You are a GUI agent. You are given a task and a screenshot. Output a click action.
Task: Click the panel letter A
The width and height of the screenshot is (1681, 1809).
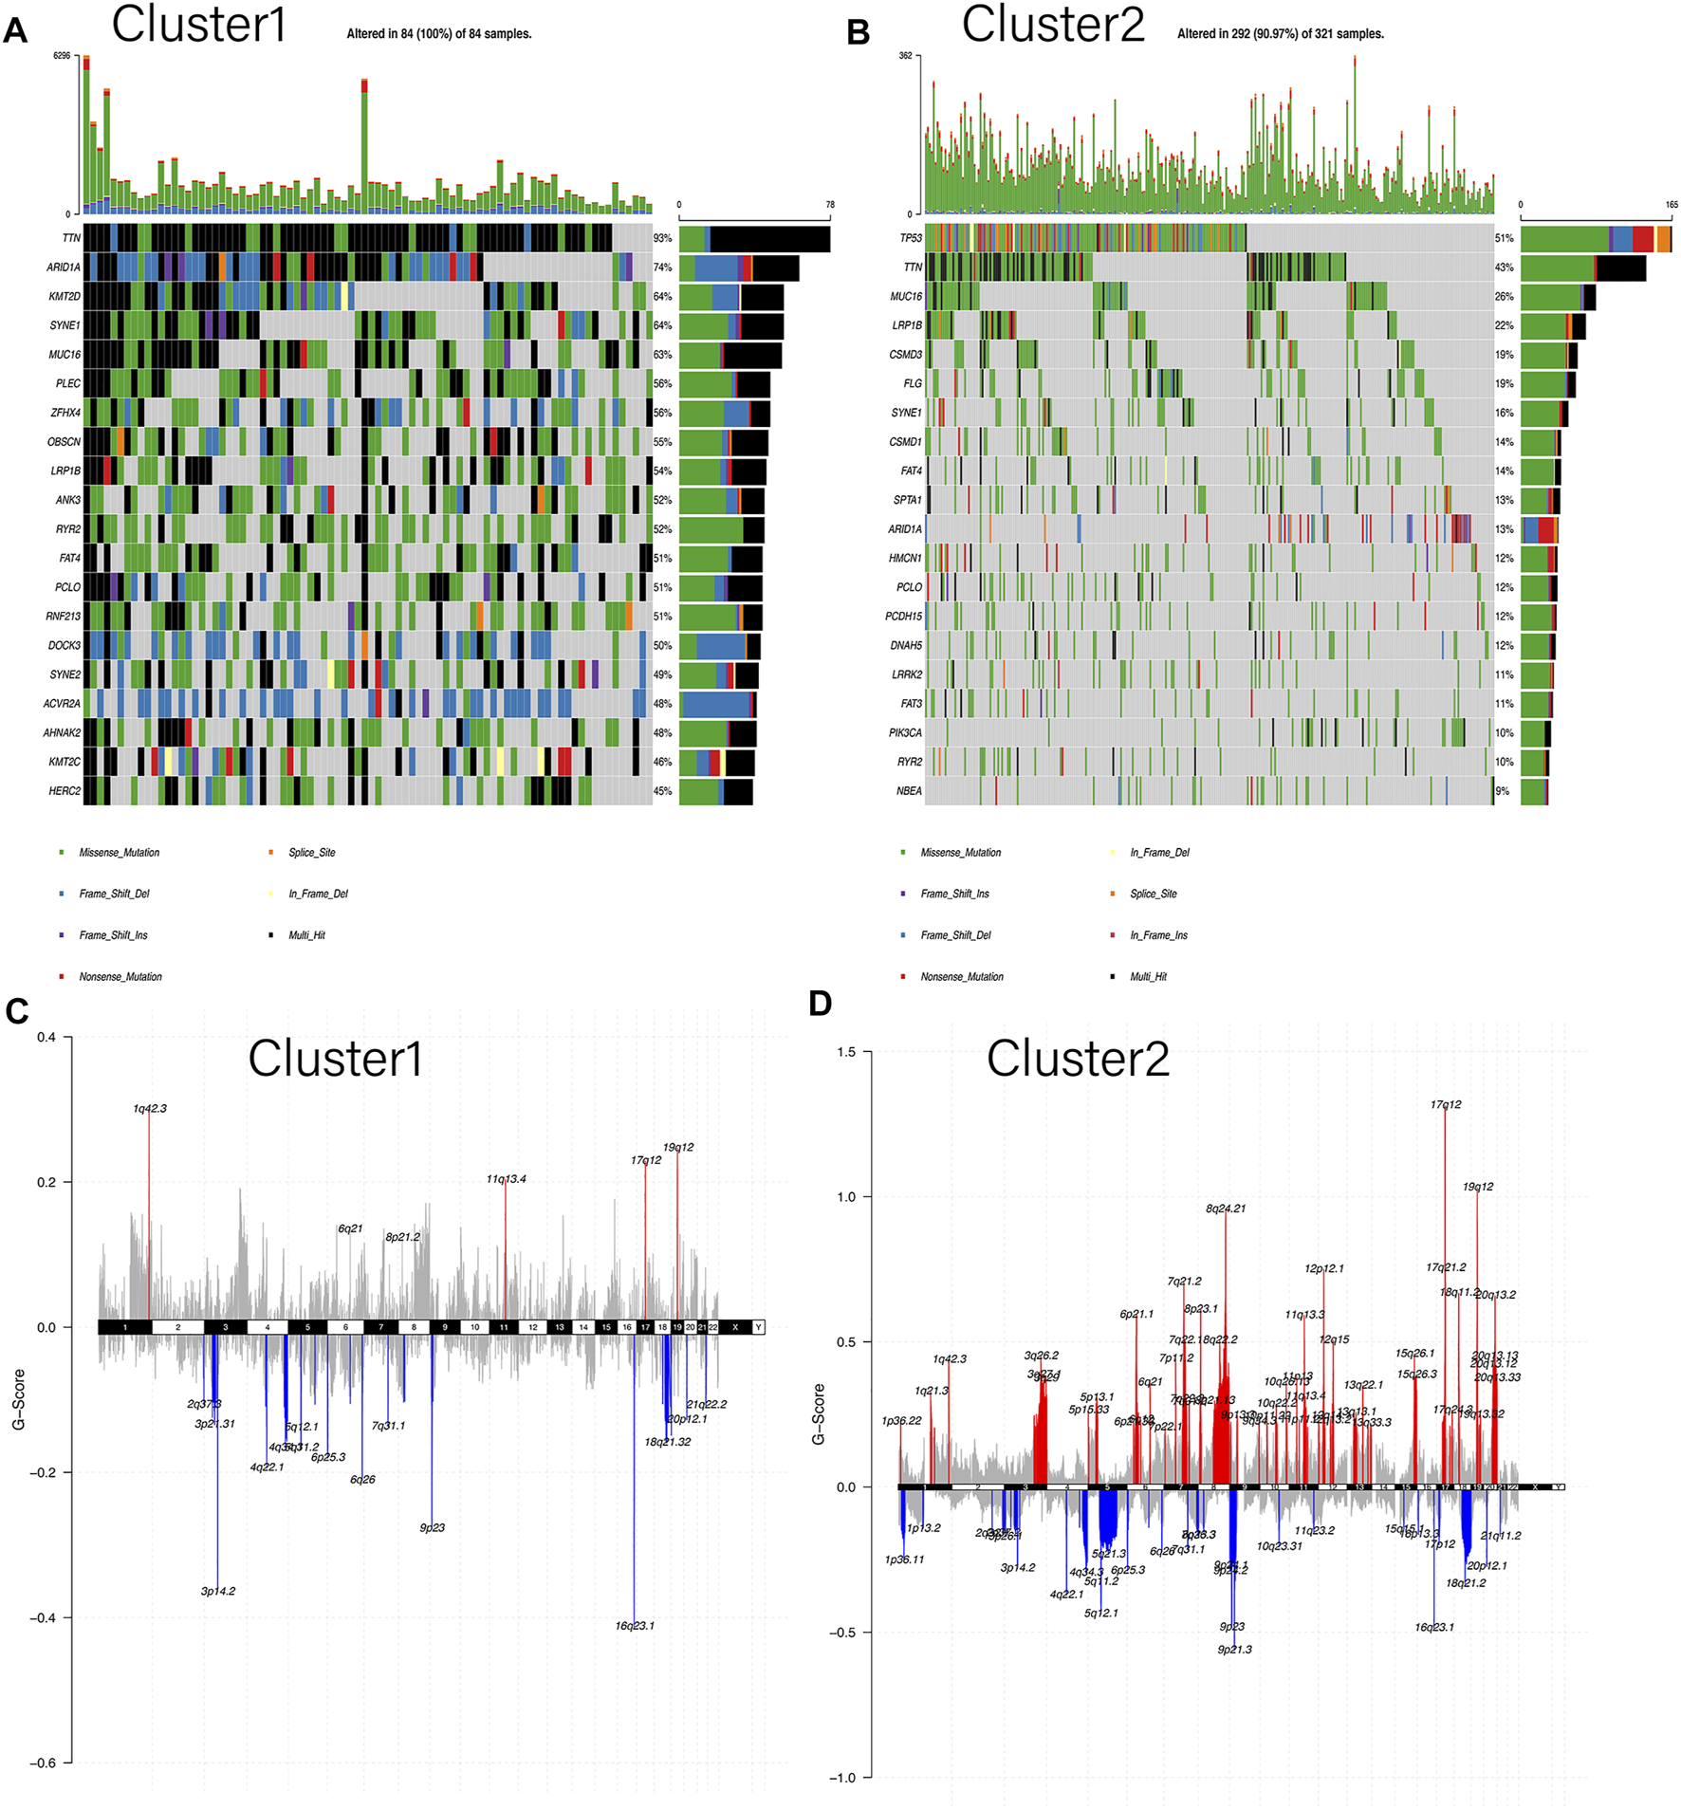[x=15, y=31]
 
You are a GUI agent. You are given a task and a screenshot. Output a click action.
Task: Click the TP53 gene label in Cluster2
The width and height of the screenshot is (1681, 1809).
[x=910, y=238]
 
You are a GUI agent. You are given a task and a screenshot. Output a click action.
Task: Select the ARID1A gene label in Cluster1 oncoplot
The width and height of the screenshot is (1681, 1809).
[x=63, y=268]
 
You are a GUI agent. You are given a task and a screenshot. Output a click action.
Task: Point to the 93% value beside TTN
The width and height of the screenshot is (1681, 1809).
[x=662, y=238]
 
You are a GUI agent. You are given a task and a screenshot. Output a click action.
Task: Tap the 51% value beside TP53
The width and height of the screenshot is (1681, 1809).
[x=1504, y=238]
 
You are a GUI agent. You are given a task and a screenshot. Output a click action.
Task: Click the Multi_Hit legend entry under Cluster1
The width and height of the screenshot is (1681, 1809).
[x=305, y=935]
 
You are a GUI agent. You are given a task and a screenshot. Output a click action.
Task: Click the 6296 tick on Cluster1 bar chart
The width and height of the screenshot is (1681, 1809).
[x=62, y=56]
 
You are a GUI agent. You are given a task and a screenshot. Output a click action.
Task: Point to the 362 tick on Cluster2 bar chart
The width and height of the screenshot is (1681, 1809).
[x=905, y=56]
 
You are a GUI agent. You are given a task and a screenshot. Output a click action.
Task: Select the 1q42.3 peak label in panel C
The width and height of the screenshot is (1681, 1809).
[x=150, y=1108]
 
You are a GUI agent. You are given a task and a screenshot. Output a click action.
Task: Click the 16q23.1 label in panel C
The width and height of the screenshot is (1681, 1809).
[x=634, y=1626]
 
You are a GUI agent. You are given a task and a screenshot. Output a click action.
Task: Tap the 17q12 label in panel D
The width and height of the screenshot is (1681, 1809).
[x=1445, y=1104]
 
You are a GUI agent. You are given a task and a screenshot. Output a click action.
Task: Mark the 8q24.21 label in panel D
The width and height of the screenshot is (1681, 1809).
[x=1225, y=1209]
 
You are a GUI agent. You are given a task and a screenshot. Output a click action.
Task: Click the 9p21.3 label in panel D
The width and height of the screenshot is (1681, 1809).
[x=1234, y=1650]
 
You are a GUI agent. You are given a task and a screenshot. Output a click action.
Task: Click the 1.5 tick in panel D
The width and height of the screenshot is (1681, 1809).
[x=846, y=1052]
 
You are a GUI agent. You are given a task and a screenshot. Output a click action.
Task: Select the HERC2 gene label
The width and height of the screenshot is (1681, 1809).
[x=65, y=791]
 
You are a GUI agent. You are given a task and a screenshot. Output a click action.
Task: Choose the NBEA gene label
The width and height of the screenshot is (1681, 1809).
[x=908, y=791]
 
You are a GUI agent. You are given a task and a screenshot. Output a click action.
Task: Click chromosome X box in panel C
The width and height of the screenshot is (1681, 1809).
[x=734, y=1327]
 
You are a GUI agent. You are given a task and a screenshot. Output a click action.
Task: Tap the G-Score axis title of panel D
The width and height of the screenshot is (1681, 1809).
[x=819, y=1414]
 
